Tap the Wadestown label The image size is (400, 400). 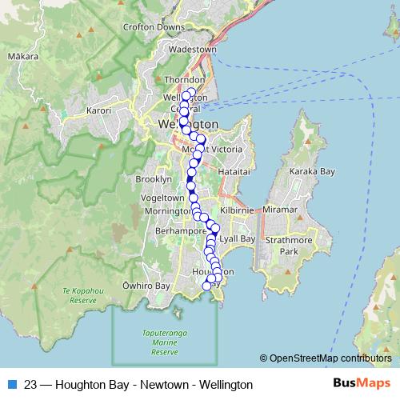[x=191, y=49]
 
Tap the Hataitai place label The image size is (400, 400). [x=238, y=171]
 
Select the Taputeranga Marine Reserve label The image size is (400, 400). [x=164, y=345]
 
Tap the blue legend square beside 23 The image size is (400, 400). [x=11, y=385]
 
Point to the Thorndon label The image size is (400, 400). [x=185, y=80]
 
